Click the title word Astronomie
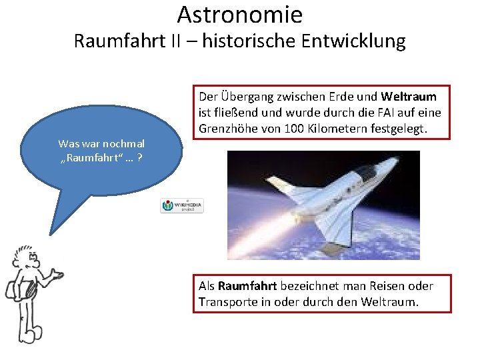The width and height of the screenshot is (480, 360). (x=240, y=14)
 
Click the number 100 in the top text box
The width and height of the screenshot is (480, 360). (x=296, y=128)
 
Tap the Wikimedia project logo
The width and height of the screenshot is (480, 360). (x=181, y=205)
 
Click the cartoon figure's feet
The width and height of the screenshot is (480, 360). (x=29, y=333)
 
